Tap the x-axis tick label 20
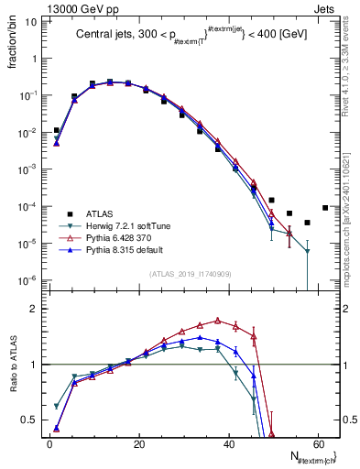point(138,443)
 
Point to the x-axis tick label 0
point(49,443)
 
